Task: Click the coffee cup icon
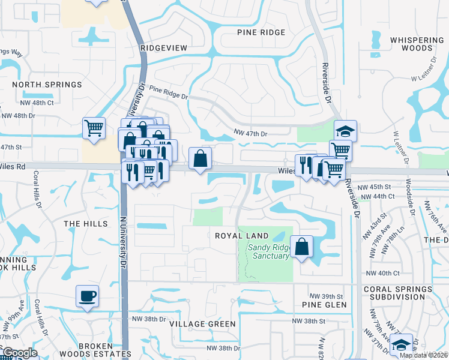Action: (x=88, y=296)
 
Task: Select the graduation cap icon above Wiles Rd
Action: (x=345, y=131)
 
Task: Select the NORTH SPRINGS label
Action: (x=47, y=85)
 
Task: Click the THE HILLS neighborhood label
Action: (x=86, y=224)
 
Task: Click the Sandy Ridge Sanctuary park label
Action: (x=266, y=252)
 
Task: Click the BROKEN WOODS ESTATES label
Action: (x=86, y=350)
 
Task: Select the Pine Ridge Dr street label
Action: (x=169, y=92)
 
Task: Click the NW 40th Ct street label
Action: (x=382, y=273)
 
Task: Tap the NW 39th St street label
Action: (x=326, y=296)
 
